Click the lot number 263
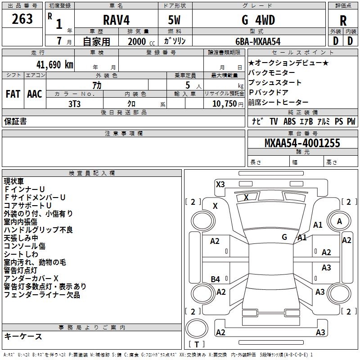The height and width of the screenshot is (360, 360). click(x=22, y=19)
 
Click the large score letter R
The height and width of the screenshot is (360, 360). click(x=343, y=21)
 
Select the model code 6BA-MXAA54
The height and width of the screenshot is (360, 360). click(x=257, y=41)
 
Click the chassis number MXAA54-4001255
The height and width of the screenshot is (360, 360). click(x=302, y=144)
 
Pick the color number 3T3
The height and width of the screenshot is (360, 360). click(x=74, y=103)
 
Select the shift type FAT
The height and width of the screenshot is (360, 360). click(x=13, y=94)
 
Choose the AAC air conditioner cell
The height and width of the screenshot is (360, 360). click(x=35, y=94)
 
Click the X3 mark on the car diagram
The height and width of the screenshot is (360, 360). click(x=220, y=184)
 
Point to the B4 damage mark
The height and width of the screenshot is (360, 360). click(x=216, y=279)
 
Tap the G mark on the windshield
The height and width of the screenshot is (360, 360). click(x=284, y=237)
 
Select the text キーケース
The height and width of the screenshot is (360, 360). click(x=23, y=336)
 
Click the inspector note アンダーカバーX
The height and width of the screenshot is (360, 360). click(x=31, y=278)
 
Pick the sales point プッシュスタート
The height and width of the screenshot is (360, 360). click(x=275, y=83)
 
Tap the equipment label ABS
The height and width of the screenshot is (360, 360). click(x=289, y=121)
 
